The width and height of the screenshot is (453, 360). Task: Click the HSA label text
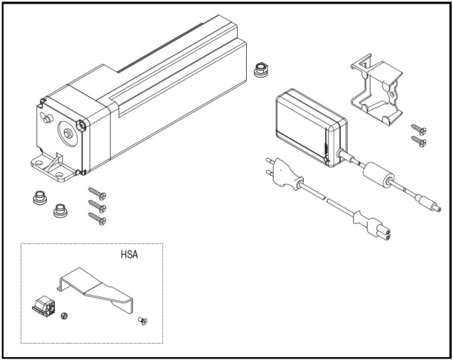(x=129, y=254)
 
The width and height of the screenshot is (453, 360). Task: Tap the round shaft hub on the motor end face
(x=67, y=132)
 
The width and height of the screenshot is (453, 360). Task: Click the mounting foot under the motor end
(x=54, y=168)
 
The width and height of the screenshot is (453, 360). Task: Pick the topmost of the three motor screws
(x=97, y=194)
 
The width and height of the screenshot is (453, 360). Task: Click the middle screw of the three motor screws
(x=97, y=206)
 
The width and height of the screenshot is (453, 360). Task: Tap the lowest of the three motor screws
(x=97, y=218)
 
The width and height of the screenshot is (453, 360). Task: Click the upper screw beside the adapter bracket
(x=418, y=129)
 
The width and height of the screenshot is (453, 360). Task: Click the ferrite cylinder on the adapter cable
(x=377, y=174)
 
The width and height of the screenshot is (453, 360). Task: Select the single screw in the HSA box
(x=143, y=322)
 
